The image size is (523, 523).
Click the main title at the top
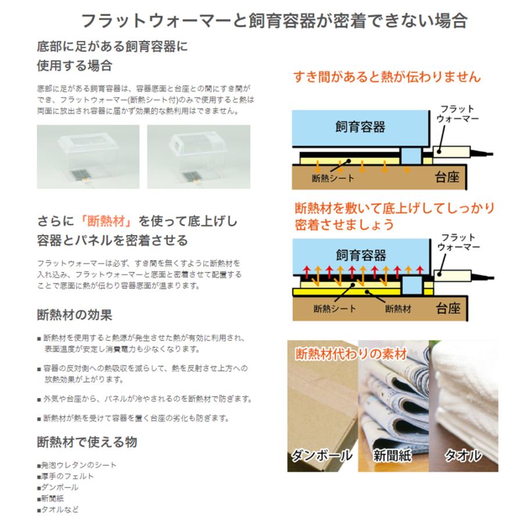click(x=274, y=21)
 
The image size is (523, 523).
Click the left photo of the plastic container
click(x=88, y=156)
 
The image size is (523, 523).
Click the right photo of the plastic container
click(x=198, y=156)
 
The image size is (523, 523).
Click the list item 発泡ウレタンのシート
click(x=78, y=465)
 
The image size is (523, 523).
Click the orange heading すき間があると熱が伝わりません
click(x=387, y=77)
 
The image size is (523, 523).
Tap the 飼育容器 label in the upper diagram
click(x=360, y=126)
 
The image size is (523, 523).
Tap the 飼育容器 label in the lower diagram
click(x=360, y=255)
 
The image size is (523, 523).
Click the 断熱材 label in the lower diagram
click(x=398, y=309)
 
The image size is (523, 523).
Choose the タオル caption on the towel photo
click(x=463, y=455)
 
